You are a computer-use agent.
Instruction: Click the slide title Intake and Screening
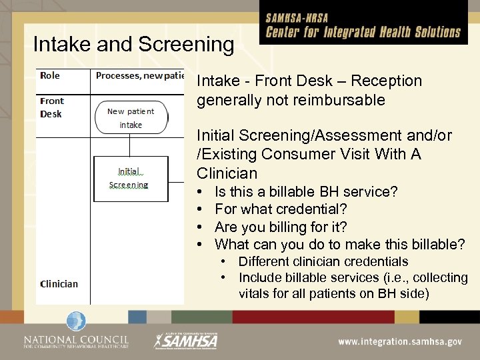coord(133,45)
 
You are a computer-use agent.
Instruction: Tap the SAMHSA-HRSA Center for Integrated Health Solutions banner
coord(363,27)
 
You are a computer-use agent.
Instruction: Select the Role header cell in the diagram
coord(50,75)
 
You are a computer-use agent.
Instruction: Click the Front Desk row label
coord(51,107)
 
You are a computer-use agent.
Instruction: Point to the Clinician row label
coord(59,283)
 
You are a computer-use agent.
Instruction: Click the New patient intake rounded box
coord(131,118)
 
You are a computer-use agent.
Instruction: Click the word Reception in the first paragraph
coord(387,81)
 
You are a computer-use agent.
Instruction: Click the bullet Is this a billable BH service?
coord(306,192)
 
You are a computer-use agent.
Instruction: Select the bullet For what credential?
coord(281,209)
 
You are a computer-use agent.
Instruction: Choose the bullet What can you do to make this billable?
coord(339,244)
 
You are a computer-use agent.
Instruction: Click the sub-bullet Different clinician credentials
coord(323,261)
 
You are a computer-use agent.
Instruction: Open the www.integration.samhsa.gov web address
coord(399,341)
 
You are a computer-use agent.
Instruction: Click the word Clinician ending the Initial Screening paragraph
coord(227,173)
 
